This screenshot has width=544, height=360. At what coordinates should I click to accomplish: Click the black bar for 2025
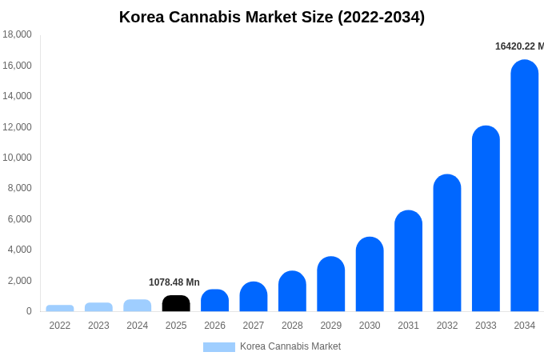point(176,303)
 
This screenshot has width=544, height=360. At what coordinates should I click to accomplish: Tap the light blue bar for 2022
point(60,308)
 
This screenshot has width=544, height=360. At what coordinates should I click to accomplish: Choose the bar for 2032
point(447,243)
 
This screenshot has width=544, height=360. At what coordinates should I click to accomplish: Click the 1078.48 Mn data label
point(174,282)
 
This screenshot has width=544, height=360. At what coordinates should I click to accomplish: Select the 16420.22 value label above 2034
point(518,46)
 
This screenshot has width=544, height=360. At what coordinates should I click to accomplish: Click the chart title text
point(272,17)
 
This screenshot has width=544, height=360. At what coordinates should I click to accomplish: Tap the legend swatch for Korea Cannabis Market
point(218,347)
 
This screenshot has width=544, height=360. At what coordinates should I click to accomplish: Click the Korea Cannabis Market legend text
point(290,346)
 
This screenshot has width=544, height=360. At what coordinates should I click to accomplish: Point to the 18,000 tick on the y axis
point(18,34)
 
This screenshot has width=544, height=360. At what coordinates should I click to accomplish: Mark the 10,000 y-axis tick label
point(18,158)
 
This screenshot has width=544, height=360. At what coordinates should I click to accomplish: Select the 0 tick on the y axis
point(29,311)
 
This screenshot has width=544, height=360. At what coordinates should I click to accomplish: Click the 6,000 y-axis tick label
point(20,219)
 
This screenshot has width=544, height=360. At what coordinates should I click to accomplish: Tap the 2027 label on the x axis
point(254,326)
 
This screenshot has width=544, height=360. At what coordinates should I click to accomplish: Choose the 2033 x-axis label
point(486,326)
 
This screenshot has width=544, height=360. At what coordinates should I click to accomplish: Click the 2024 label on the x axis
point(138,326)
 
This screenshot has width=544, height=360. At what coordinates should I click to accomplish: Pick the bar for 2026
point(214,301)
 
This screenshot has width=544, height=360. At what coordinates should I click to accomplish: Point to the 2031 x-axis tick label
point(408,326)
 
